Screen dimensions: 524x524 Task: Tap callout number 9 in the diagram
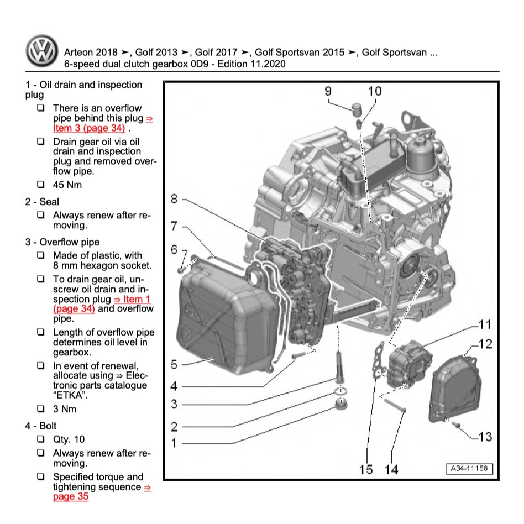(328, 91)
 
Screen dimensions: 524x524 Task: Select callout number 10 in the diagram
(374, 91)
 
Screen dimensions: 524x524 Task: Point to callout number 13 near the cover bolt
(484, 437)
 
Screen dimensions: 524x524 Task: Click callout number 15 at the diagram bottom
(366, 469)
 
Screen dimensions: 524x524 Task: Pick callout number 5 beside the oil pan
(174, 365)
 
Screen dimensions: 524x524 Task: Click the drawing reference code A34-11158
(469, 469)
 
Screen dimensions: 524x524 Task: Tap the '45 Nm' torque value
(67, 185)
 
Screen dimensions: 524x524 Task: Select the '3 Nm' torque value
(65, 409)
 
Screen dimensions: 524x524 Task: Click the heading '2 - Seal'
(42, 202)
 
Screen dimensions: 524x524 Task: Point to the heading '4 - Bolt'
(41, 426)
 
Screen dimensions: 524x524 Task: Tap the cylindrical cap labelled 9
(357, 107)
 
